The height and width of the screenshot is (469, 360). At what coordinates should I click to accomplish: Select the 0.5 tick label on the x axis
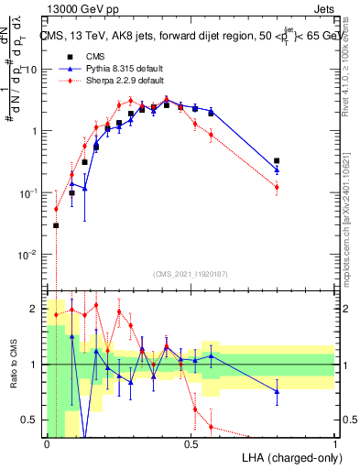point(191,443)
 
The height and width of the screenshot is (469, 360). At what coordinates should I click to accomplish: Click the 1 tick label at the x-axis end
point(335,443)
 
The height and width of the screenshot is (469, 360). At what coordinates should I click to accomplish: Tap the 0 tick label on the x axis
point(47,443)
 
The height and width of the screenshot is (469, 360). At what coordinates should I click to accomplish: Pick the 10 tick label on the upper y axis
point(32,70)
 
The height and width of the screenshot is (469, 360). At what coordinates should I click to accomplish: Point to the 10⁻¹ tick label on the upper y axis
point(30,192)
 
